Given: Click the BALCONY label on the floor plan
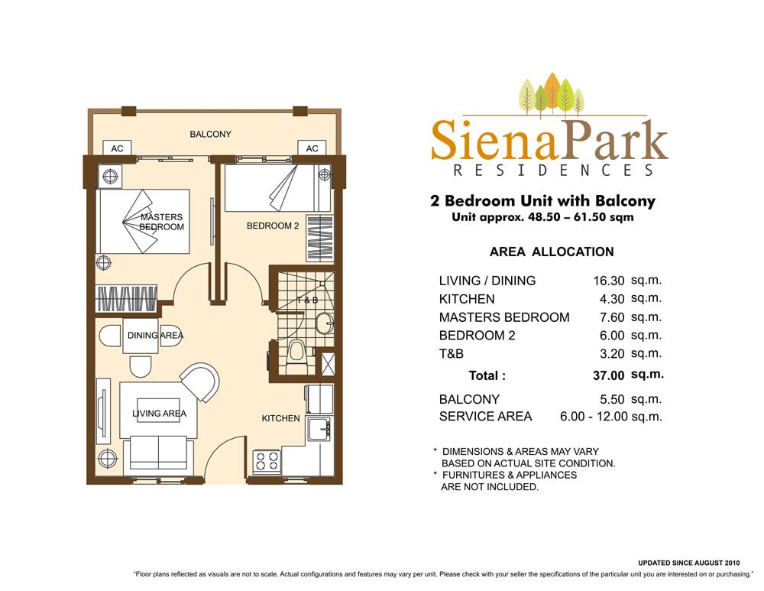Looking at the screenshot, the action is (x=211, y=134).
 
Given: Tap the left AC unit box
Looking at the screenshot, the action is (x=117, y=148).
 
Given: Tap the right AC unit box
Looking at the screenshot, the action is (x=312, y=148).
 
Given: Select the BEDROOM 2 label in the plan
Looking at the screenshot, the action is (x=273, y=226).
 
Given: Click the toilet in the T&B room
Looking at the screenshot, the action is (x=296, y=353).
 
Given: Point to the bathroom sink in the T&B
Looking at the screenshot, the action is (x=325, y=323).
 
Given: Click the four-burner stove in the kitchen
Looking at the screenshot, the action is (x=267, y=461).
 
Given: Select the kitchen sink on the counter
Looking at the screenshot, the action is (x=319, y=429).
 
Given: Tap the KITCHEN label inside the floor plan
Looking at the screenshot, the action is (x=280, y=418).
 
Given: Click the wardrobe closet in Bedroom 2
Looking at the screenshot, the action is (x=320, y=238).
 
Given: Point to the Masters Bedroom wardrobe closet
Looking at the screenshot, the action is (x=126, y=298).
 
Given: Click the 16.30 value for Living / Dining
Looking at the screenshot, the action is (x=609, y=281).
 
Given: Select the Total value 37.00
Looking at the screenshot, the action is (x=609, y=375).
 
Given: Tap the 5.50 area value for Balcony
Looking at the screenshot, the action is (x=612, y=399).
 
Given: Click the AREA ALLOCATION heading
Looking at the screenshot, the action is (x=552, y=252).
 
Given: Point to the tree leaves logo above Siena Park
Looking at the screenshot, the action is (x=552, y=95).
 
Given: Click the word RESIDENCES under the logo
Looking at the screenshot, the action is (x=553, y=170).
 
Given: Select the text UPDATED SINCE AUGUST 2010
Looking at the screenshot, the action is (x=689, y=563).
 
